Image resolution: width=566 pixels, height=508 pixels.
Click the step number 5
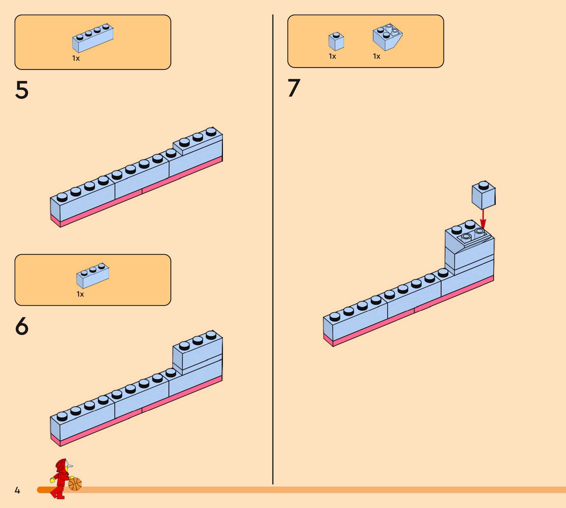(x=22, y=90)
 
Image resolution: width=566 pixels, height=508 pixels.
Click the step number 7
(x=294, y=88)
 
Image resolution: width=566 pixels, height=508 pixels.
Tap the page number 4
(x=17, y=490)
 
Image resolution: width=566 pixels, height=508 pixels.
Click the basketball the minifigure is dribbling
(x=75, y=484)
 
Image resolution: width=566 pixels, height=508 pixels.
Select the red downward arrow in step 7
(x=483, y=219)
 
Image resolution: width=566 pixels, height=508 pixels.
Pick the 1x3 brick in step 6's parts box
(x=93, y=276)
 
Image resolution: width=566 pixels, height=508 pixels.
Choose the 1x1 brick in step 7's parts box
(x=336, y=41)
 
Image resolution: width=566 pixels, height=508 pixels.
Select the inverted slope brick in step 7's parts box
(x=387, y=37)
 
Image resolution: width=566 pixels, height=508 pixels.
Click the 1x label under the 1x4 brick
(x=76, y=58)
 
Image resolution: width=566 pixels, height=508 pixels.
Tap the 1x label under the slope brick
(x=377, y=56)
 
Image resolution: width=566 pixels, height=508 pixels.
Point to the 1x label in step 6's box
(x=80, y=294)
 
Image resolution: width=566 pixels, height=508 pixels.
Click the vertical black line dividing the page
(x=273, y=251)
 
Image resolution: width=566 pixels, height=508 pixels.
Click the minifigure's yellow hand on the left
(x=52, y=480)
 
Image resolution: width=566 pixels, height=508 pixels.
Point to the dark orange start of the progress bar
(x=43, y=490)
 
